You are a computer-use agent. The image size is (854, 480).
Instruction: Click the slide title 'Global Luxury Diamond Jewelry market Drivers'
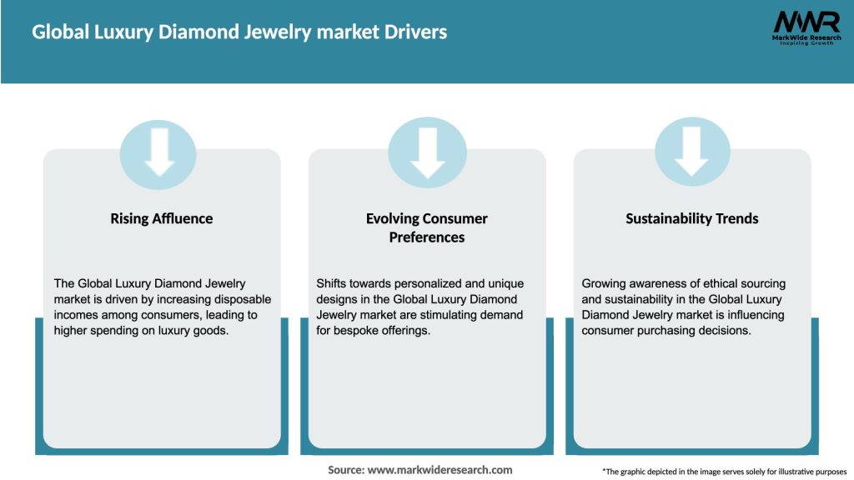(239, 32)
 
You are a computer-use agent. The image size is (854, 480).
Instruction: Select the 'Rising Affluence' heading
(162, 218)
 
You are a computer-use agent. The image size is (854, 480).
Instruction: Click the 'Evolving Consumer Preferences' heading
(427, 227)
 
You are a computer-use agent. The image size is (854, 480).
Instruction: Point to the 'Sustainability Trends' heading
(692, 218)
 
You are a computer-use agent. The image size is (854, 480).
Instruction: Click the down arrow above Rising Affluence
(158, 153)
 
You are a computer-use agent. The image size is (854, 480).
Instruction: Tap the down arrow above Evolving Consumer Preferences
(427, 153)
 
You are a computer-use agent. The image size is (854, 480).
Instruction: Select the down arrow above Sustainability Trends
(692, 153)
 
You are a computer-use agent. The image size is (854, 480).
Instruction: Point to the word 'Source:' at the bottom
(346, 470)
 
